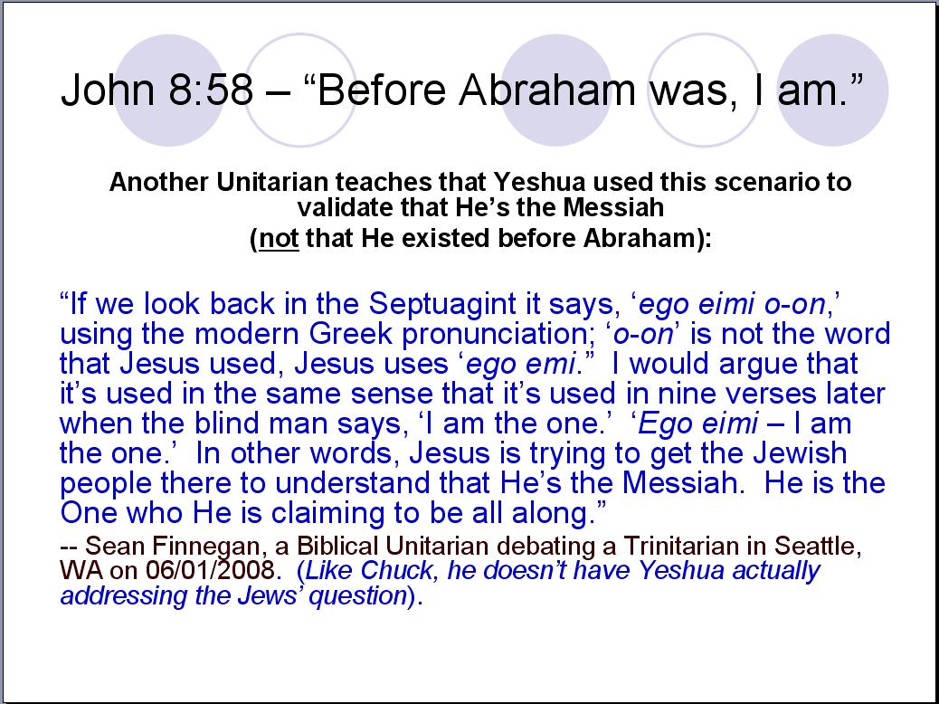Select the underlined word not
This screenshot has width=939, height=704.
[x=279, y=239]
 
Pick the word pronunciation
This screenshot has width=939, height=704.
[x=503, y=334]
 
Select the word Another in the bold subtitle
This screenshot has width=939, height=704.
[x=160, y=182]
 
